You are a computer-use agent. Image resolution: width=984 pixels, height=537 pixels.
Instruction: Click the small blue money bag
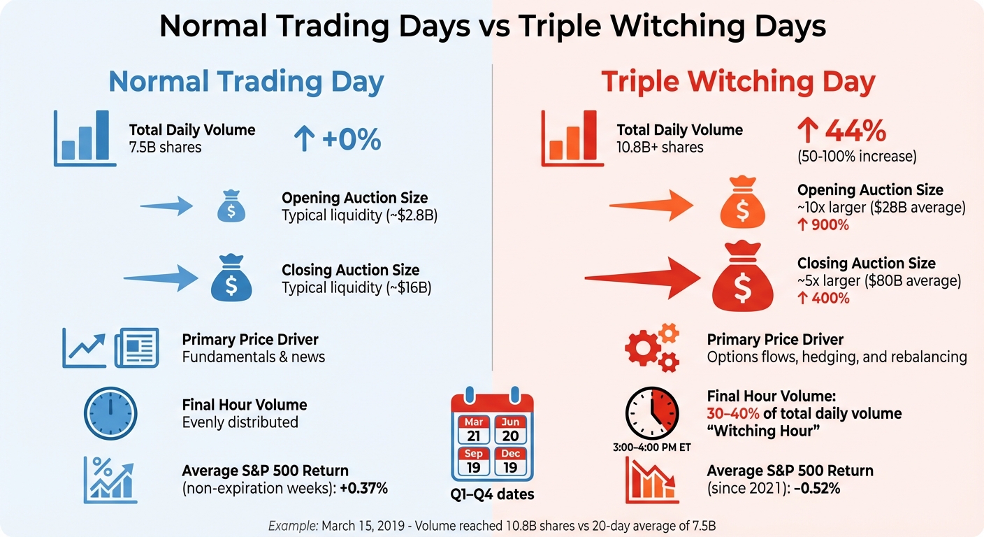(231, 206)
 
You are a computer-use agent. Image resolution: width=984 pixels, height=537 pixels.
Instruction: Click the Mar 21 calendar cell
(473, 430)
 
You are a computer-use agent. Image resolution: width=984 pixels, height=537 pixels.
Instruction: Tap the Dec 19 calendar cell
(511, 461)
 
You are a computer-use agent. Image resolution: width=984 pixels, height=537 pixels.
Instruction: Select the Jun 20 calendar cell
(511, 430)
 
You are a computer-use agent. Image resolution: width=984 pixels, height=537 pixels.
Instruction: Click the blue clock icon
(110, 413)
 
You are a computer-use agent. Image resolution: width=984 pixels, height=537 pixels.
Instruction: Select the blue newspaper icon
(137, 348)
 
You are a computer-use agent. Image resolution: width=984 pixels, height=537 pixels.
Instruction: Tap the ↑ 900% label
(823, 225)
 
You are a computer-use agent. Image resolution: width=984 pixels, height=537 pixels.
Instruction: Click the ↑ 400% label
(823, 299)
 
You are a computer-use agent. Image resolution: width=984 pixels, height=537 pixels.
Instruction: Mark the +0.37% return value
(363, 488)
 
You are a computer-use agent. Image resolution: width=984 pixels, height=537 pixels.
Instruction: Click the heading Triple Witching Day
(738, 83)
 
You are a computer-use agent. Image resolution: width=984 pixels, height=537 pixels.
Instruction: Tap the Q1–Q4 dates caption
(492, 494)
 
